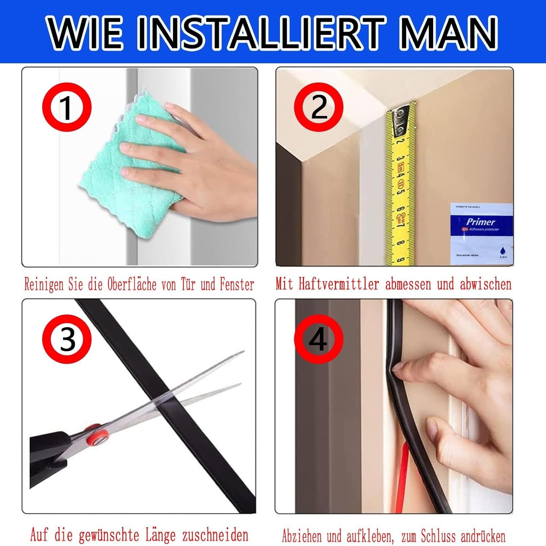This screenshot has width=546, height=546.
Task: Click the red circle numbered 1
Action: pyautogui.click(x=67, y=107)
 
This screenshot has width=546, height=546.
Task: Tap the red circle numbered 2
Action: pyautogui.click(x=318, y=107)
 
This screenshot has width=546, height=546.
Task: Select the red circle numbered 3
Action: pyautogui.click(x=67, y=339)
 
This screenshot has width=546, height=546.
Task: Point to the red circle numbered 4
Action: pyautogui.click(x=318, y=339)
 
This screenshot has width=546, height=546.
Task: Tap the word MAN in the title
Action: pyautogui.click(x=448, y=33)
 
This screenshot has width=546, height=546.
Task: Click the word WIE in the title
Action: pyautogui.click(x=86, y=33)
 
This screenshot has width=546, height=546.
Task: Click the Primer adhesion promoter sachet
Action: pyautogui.click(x=481, y=233)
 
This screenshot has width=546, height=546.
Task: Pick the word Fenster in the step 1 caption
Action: pyautogui.click(x=237, y=284)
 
